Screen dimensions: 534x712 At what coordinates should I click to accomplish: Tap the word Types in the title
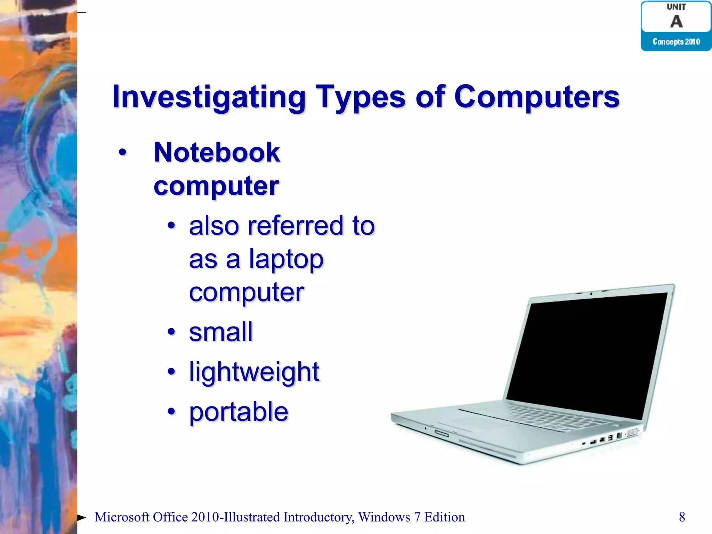click(x=360, y=97)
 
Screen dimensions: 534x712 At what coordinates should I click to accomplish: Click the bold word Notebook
click(x=217, y=153)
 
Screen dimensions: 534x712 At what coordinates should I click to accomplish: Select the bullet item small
click(x=221, y=332)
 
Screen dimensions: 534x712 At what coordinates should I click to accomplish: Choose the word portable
click(x=239, y=412)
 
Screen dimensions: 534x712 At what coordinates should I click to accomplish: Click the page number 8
click(x=682, y=517)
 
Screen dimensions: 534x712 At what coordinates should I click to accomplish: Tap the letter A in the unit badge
click(x=676, y=22)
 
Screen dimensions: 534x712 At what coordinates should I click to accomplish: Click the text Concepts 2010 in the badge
click(x=676, y=42)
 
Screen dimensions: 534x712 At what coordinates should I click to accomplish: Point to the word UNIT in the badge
click(x=676, y=7)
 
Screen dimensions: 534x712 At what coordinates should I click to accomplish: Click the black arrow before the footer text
click(x=81, y=518)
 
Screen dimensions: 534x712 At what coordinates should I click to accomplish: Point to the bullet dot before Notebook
click(x=122, y=152)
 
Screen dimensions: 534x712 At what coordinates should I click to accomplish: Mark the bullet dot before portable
click(x=171, y=412)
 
